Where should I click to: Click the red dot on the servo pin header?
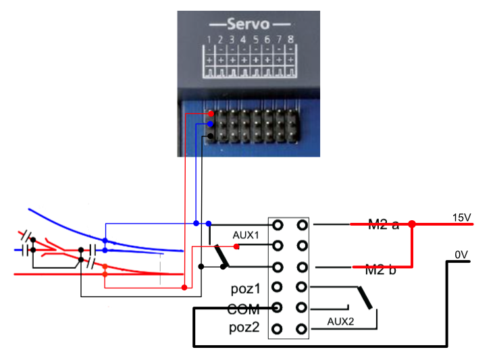pyautogui.click(x=211, y=114)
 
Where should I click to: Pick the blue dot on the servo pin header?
pyautogui.click(x=211, y=125)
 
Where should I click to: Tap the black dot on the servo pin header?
pyautogui.click(x=211, y=136)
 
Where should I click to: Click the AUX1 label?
pyautogui.click(x=245, y=236)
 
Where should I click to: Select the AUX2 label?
pyautogui.click(x=340, y=322)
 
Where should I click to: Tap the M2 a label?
pyautogui.click(x=382, y=224)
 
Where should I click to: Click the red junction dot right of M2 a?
pyautogui.click(x=412, y=224)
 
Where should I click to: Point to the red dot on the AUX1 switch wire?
pyautogui.click(x=236, y=247)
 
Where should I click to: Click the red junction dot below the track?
pyautogui.click(x=184, y=288)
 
